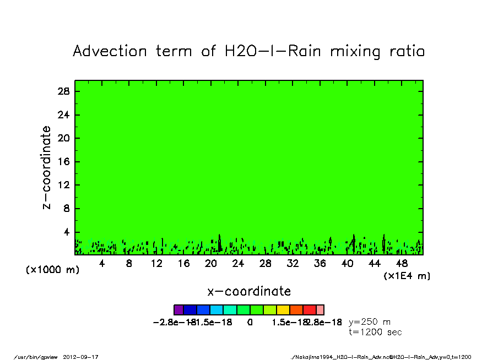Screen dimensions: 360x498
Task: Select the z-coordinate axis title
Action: pyautogui.click(x=47, y=167)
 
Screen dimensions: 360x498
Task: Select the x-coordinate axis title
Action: pyautogui.click(x=249, y=291)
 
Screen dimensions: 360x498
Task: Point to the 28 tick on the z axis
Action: pyautogui.click(x=63, y=91)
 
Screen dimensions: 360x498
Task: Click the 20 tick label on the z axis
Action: pyautogui.click(x=63, y=138)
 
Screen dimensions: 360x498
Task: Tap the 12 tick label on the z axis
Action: pyautogui.click(x=63, y=185)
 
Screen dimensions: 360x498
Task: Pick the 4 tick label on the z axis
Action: pyautogui.click(x=66, y=232)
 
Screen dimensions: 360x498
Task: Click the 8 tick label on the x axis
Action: pyautogui.click(x=129, y=264)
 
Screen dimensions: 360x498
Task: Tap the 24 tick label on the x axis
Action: pyautogui.click(x=238, y=264)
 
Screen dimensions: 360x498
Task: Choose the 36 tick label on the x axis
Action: pyautogui.click(x=320, y=264)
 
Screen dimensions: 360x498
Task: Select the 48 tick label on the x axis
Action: pyautogui.click(x=402, y=264)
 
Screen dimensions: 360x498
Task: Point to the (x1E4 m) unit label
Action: pyautogui.click(x=407, y=276)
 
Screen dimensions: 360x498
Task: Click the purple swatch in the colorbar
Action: pyautogui.click(x=178, y=310)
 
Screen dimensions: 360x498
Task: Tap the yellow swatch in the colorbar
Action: pyautogui.click(x=283, y=310)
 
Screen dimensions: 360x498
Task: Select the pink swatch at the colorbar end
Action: pyautogui.click(x=320, y=310)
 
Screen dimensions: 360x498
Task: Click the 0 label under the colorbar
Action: pyautogui.click(x=250, y=323)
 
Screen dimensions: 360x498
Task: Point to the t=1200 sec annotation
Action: pyautogui.click(x=376, y=332)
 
